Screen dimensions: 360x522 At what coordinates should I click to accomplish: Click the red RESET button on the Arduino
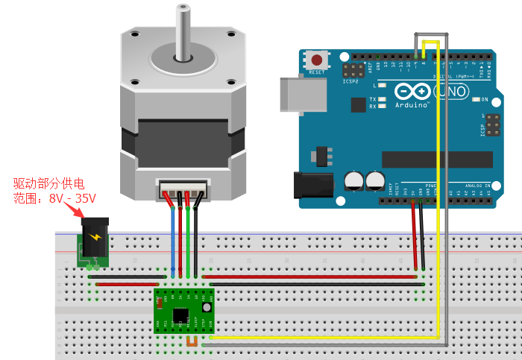(318, 59)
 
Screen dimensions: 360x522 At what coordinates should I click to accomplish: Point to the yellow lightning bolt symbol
(95, 237)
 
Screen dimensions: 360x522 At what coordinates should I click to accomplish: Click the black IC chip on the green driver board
(180, 315)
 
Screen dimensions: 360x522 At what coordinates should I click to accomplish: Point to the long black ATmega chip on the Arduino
(437, 160)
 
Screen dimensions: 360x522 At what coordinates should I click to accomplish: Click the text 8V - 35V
(72, 199)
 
